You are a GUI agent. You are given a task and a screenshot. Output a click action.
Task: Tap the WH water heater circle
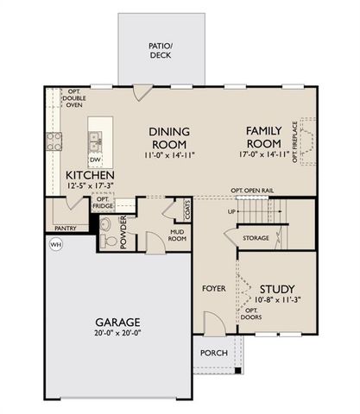[x=56, y=244]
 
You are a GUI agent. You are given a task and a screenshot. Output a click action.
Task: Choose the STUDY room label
[x=275, y=289]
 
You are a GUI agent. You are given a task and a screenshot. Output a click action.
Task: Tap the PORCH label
[x=213, y=354]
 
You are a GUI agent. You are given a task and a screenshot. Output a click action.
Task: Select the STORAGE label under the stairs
[x=256, y=237]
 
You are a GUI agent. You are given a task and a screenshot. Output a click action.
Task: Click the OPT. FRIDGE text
[x=101, y=203]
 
